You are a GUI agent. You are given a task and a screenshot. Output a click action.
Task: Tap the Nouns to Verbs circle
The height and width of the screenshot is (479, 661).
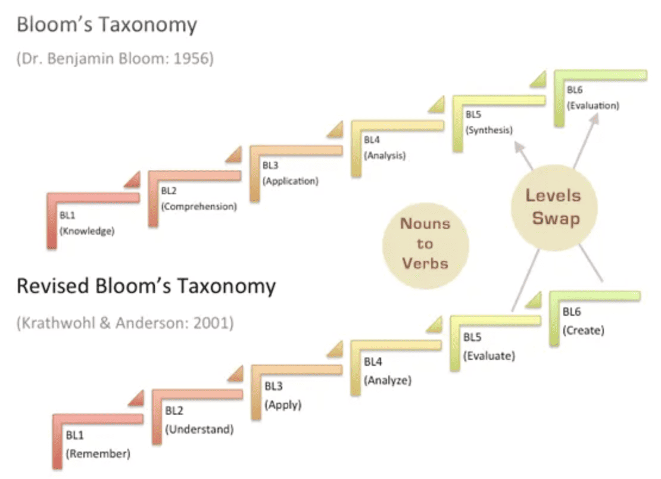(x=425, y=244)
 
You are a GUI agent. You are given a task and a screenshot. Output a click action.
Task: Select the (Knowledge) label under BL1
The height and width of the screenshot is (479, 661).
(x=86, y=231)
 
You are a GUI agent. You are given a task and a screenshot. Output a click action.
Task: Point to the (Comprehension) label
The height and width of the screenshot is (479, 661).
(x=199, y=207)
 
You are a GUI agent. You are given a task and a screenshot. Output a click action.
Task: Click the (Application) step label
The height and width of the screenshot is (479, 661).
(x=290, y=181)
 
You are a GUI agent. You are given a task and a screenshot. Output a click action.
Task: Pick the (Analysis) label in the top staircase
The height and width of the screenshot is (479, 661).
(x=384, y=156)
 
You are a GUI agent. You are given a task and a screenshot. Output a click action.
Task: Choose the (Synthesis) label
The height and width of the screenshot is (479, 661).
(x=489, y=130)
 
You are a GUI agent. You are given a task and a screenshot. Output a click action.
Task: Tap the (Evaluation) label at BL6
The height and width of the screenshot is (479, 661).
(x=593, y=105)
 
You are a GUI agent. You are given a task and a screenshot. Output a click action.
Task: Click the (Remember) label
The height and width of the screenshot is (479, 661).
(x=98, y=453)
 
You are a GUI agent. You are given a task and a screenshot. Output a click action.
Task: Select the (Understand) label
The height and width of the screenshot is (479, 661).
(x=199, y=429)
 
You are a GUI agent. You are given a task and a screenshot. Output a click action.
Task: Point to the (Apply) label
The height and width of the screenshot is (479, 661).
(x=283, y=405)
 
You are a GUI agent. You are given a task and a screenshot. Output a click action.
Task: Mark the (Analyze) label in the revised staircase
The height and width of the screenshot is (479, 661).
(x=388, y=380)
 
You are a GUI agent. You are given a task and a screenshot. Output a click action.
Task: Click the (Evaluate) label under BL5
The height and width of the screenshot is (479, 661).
(x=489, y=356)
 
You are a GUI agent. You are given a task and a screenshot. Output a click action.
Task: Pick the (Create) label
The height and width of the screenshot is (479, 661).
(x=584, y=329)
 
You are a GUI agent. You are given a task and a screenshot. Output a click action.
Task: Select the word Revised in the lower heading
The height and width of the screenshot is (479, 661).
(x=52, y=287)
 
